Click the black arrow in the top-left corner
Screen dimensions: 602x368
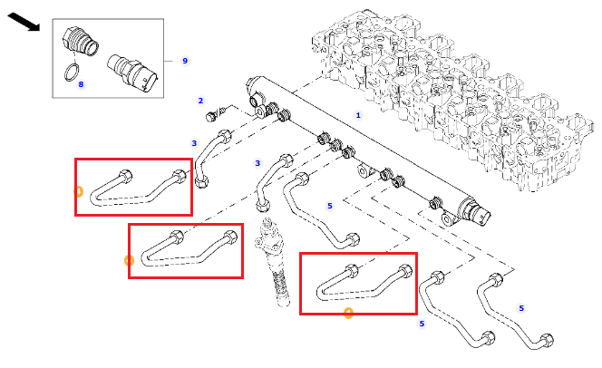click(x=24, y=22)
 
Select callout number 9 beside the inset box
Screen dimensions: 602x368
click(x=185, y=61)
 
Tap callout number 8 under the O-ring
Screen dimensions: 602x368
click(x=81, y=84)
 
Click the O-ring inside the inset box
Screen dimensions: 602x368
click(x=72, y=73)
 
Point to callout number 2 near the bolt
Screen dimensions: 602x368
click(x=200, y=101)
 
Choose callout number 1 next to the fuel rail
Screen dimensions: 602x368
click(x=358, y=115)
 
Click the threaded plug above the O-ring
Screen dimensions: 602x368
click(x=80, y=41)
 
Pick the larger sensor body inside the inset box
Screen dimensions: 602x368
click(x=132, y=73)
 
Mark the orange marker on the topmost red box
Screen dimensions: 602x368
click(x=78, y=191)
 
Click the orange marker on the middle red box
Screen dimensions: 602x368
click(x=129, y=261)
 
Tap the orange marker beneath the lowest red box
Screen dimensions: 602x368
click(x=349, y=313)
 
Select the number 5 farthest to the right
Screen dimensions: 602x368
click(x=521, y=308)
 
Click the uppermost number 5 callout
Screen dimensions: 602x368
click(x=330, y=206)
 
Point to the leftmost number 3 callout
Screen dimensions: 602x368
click(x=194, y=143)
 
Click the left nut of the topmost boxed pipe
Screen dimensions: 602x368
click(x=125, y=177)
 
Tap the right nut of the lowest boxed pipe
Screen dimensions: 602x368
click(x=404, y=272)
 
